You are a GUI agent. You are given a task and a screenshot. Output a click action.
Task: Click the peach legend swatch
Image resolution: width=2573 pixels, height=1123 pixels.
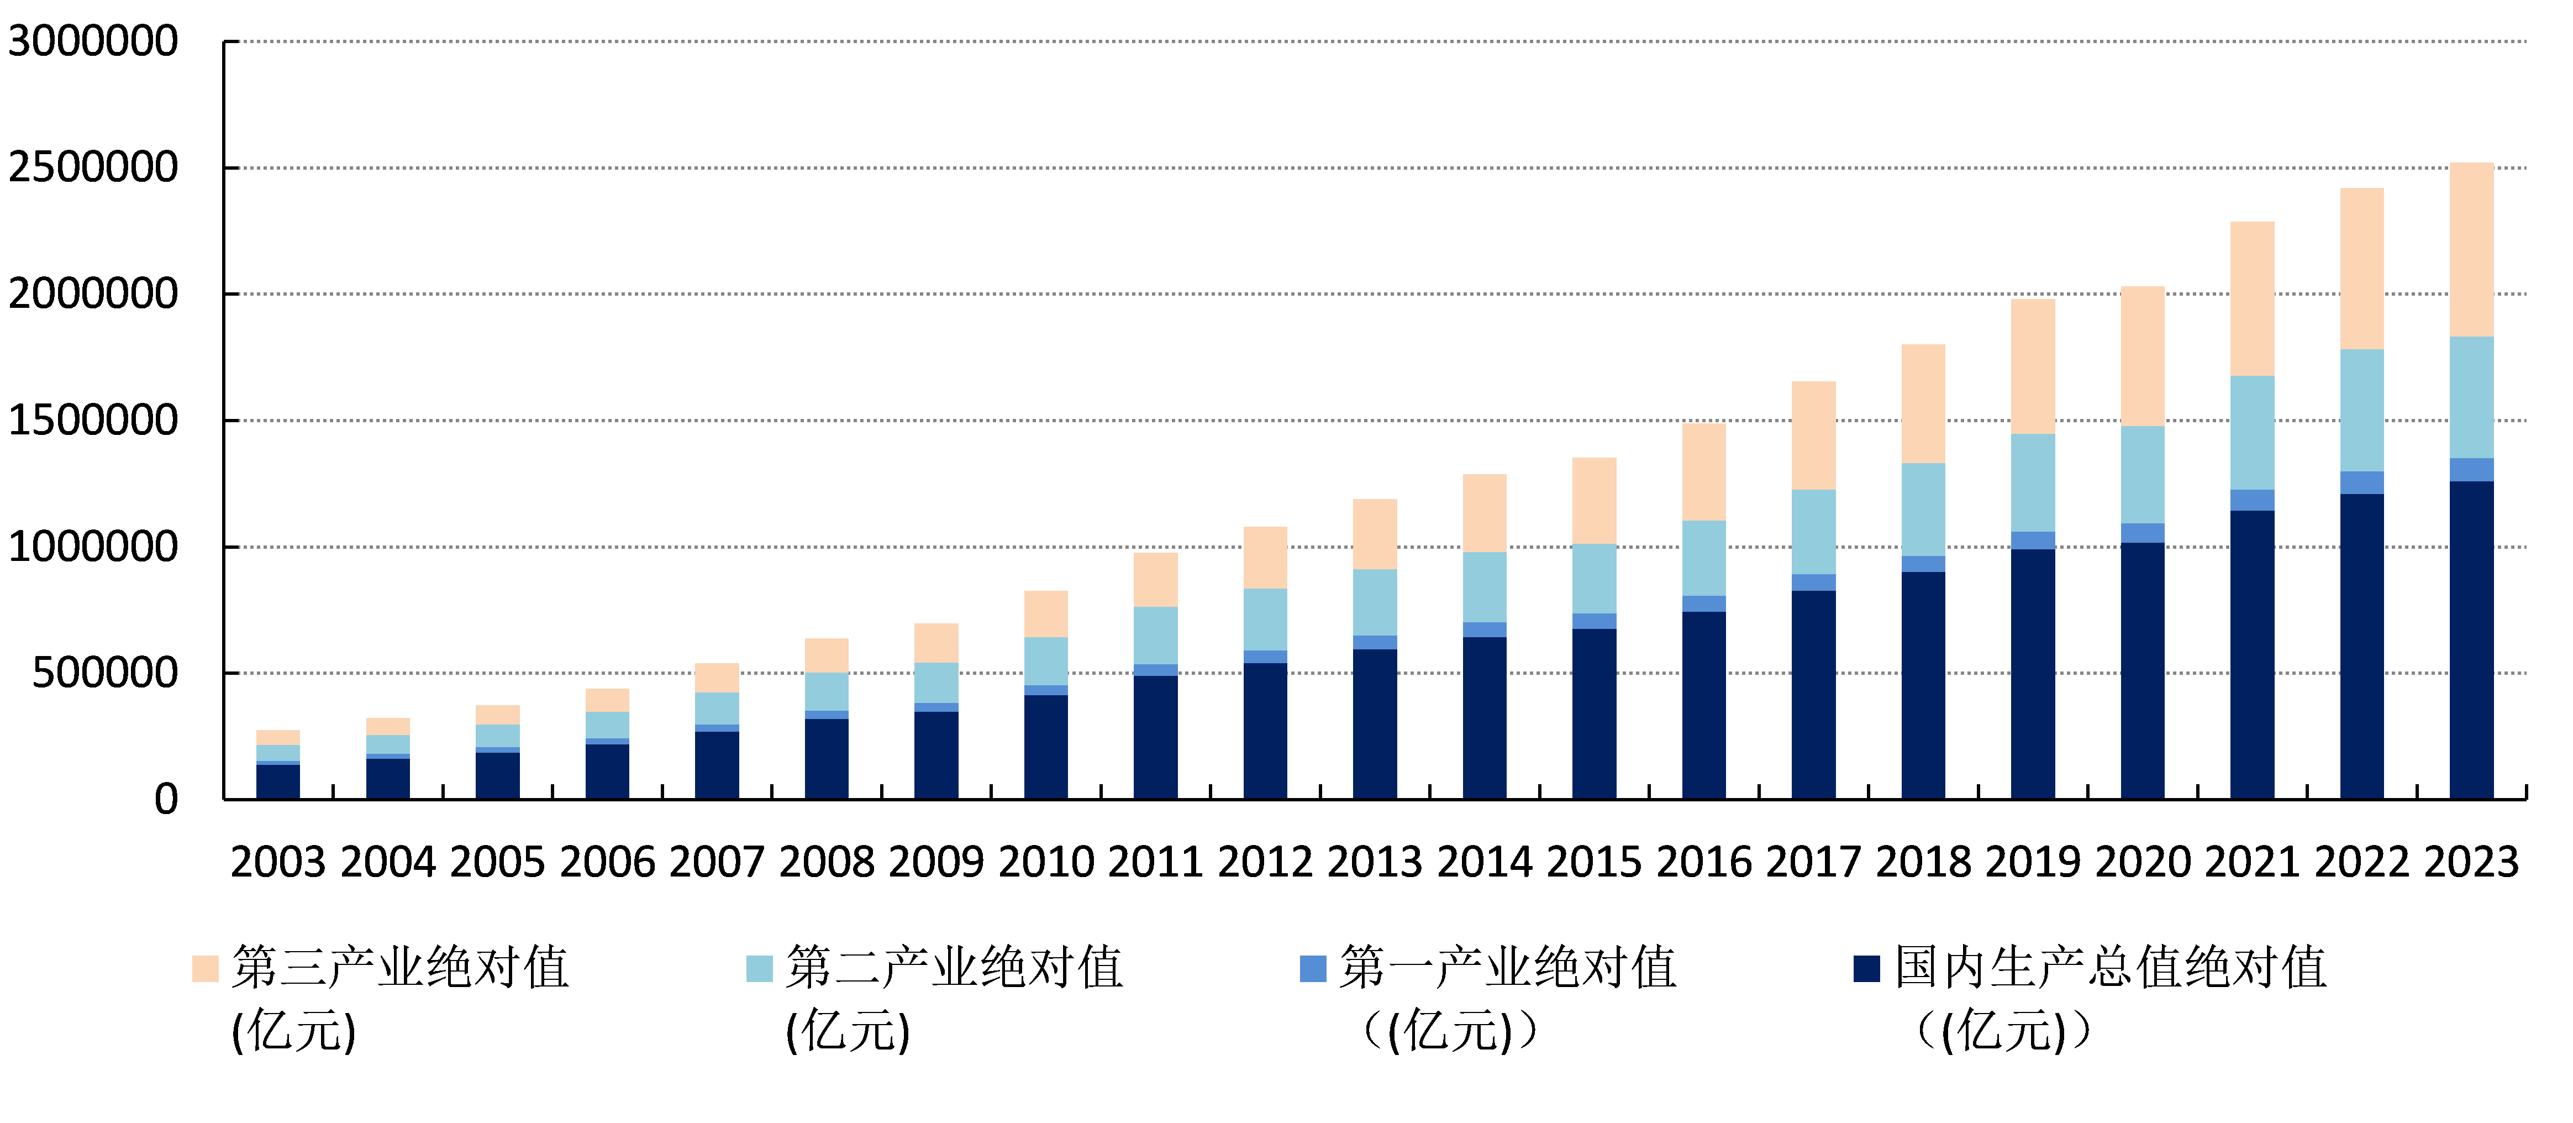click(x=205, y=968)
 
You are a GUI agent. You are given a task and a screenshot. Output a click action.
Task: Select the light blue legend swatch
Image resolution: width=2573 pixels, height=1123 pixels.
click(x=759, y=968)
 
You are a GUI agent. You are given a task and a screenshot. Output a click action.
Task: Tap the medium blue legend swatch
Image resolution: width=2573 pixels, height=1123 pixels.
click(x=1313, y=968)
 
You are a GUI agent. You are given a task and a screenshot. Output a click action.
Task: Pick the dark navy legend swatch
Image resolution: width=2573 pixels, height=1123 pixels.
click(x=1866, y=968)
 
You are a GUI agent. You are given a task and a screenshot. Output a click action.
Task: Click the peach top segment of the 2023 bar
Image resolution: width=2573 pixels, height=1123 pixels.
click(x=2471, y=250)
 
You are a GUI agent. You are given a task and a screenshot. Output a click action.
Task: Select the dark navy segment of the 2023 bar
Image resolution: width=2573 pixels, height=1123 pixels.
click(x=2471, y=639)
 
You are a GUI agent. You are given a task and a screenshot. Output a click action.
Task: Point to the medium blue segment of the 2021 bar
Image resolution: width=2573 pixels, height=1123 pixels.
click(x=2253, y=500)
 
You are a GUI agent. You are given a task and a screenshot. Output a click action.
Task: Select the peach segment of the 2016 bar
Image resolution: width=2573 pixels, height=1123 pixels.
click(x=1704, y=471)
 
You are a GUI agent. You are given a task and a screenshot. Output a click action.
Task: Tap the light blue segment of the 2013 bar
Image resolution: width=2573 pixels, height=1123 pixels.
click(x=1375, y=602)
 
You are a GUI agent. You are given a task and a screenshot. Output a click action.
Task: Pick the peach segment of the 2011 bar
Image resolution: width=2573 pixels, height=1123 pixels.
click(x=1156, y=580)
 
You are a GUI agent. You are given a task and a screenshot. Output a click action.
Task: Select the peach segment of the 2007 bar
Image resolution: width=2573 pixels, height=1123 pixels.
click(x=717, y=678)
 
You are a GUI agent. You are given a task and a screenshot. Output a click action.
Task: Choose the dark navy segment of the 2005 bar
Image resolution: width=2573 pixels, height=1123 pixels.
click(x=497, y=775)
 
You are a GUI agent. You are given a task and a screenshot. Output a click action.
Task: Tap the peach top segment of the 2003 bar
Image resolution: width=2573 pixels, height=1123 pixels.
click(x=278, y=737)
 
